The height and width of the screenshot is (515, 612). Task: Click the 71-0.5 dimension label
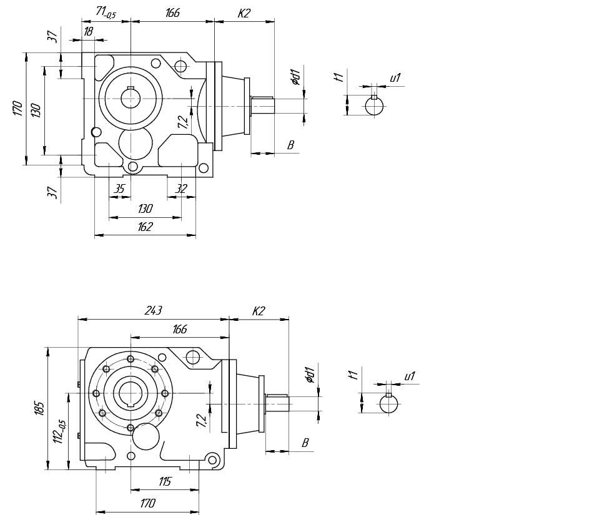pos(106,12)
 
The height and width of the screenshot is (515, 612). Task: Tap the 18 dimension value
pos(88,31)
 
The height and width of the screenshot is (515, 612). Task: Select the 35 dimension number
pos(120,188)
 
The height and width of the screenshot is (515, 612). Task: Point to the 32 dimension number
pos(182,188)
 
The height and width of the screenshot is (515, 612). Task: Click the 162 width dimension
pos(144,227)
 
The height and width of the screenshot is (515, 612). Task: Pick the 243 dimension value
pos(154,310)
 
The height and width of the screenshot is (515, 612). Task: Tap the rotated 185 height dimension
pos(39,408)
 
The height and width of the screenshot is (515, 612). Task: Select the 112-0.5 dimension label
pos(59,432)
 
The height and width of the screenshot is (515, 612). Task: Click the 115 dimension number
pos(165,481)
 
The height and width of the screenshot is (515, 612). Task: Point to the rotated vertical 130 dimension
pos(36,110)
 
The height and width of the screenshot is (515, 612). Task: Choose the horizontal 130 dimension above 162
pos(145,208)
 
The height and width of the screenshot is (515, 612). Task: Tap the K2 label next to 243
pos(259,310)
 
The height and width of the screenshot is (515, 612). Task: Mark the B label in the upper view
pos(290,145)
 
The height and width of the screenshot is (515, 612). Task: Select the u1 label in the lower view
pos(410,376)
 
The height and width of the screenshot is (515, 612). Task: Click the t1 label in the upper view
pos(338,77)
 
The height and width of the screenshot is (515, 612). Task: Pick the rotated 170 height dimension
pos(17,109)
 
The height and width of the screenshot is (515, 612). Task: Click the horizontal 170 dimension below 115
pos(147,503)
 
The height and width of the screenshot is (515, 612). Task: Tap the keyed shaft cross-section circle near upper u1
pos(374,105)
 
